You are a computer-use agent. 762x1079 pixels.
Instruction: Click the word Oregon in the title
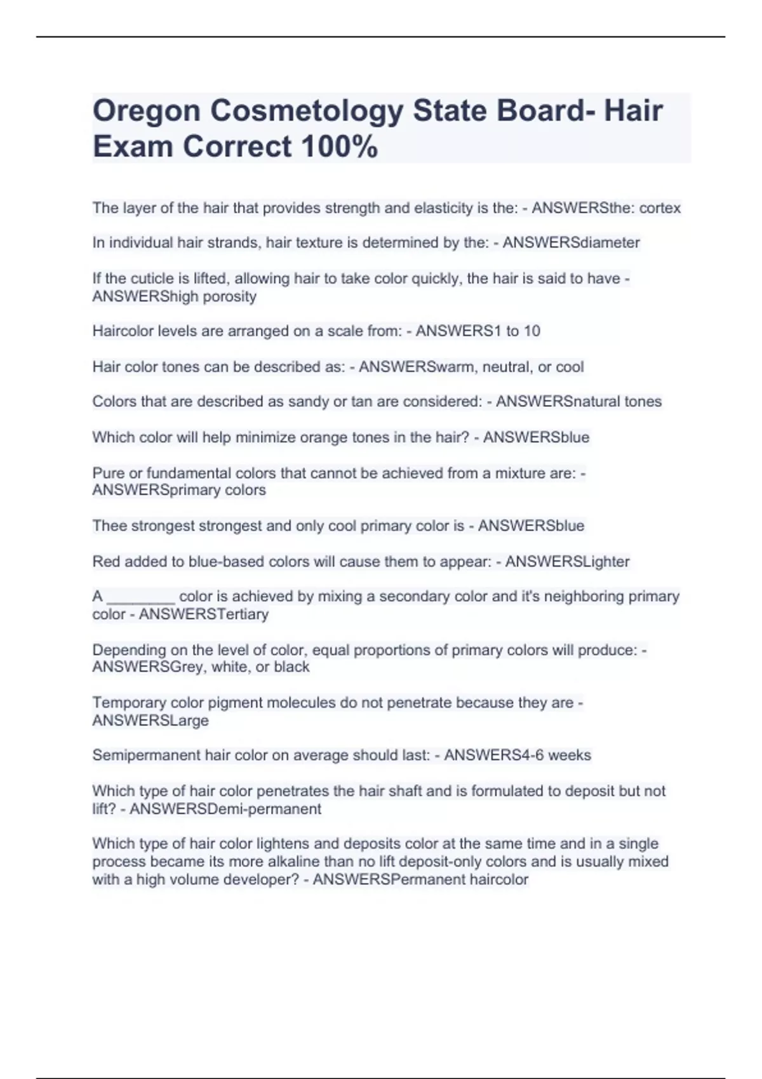click(145, 112)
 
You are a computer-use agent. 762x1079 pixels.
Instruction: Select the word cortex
click(660, 208)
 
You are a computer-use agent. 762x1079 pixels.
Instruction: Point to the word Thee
click(109, 526)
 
